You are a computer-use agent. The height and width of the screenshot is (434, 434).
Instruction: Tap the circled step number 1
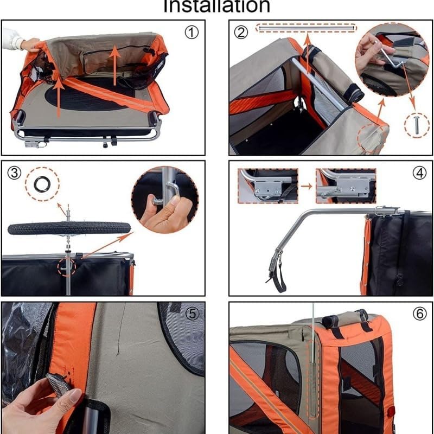click(x=192, y=33)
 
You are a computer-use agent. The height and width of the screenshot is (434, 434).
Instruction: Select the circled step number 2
click(x=241, y=32)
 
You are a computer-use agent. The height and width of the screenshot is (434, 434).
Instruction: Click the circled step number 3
click(x=15, y=173)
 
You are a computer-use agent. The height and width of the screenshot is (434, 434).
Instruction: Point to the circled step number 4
click(x=419, y=174)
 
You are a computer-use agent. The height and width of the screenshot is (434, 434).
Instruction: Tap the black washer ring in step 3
click(x=41, y=184)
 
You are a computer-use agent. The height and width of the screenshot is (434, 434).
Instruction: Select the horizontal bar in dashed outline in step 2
click(x=307, y=27)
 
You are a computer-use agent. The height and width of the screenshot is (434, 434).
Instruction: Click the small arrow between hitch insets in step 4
click(x=307, y=186)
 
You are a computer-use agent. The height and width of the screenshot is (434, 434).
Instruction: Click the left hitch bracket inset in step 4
click(x=268, y=186)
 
